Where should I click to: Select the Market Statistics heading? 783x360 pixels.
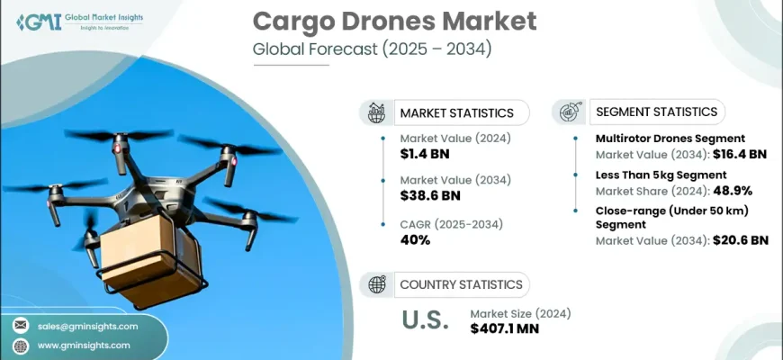pyautogui.click(x=456, y=112)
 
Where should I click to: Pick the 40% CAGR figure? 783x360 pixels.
pyautogui.click(x=415, y=239)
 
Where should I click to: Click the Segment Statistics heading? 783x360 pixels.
pyautogui.click(x=656, y=112)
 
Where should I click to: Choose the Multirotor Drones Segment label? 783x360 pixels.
pyautogui.click(x=670, y=139)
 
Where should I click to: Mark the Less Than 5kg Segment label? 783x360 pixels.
pyautogui.click(x=661, y=175)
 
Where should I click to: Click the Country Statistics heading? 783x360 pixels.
pyautogui.click(x=461, y=284)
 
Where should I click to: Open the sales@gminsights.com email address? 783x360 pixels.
pyautogui.click(x=87, y=326)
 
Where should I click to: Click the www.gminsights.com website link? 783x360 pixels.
pyautogui.click(x=84, y=345)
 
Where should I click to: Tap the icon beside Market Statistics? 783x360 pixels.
pyautogui.click(x=376, y=112)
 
